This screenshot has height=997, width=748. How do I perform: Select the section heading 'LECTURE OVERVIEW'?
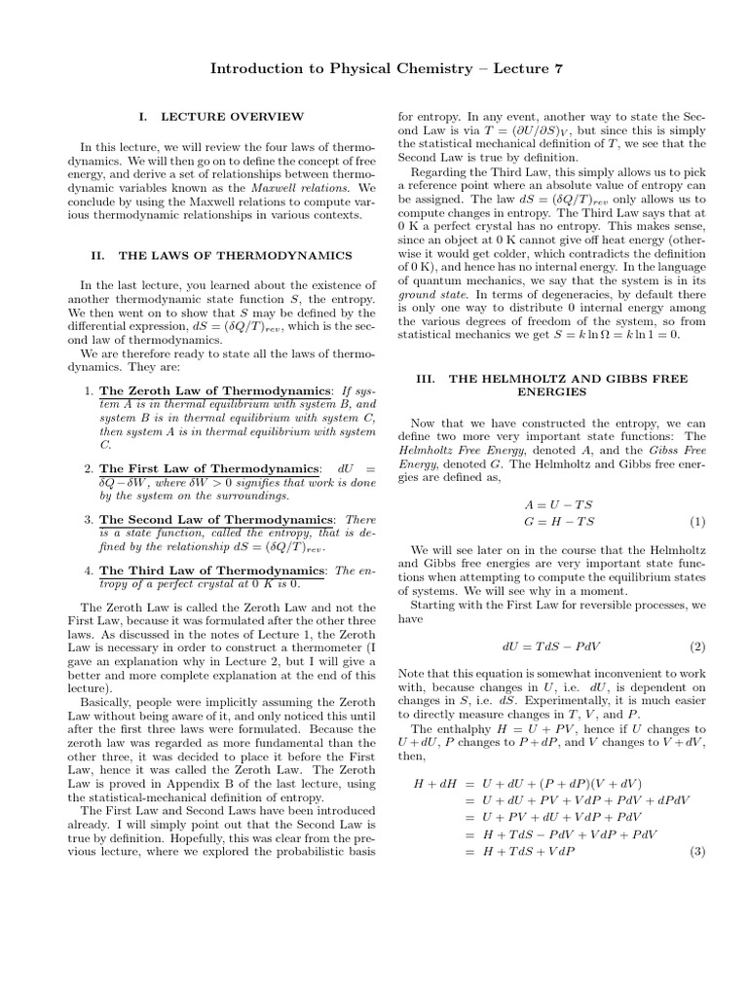(x=232, y=117)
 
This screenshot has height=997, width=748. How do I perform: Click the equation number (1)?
(x=697, y=521)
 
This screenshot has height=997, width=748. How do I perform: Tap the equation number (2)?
(x=697, y=646)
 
